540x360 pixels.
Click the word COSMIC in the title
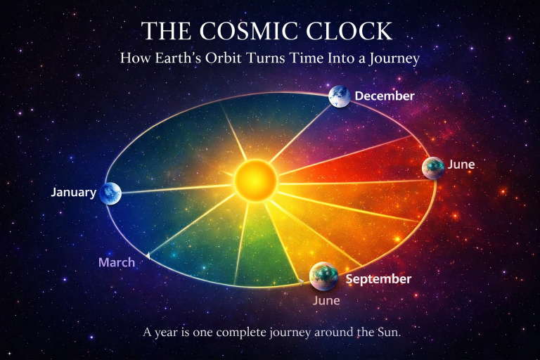(x=249, y=31)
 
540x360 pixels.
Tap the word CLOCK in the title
(x=349, y=31)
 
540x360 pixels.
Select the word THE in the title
(x=167, y=31)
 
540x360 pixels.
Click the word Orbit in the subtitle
(x=224, y=58)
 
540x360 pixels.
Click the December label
(x=385, y=96)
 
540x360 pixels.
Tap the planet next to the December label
(x=340, y=96)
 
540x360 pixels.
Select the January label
(x=74, y=192)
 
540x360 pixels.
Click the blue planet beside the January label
(x=110, y=193)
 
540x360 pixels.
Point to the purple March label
(x=117, y=262)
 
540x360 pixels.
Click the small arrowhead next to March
(x=148, y=256)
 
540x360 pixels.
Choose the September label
(x=378, y=279)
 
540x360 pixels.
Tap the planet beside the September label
(x=323, y=276)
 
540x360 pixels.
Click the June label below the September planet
(x=326, y=300)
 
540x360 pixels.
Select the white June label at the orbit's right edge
(x=461, y=165)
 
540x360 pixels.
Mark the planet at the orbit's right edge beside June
(x=433, y=168)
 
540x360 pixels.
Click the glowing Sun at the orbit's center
(x=255, y=180)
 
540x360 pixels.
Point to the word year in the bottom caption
(x=166, y=333)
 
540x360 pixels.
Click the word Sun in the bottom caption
(x=390, y=333)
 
